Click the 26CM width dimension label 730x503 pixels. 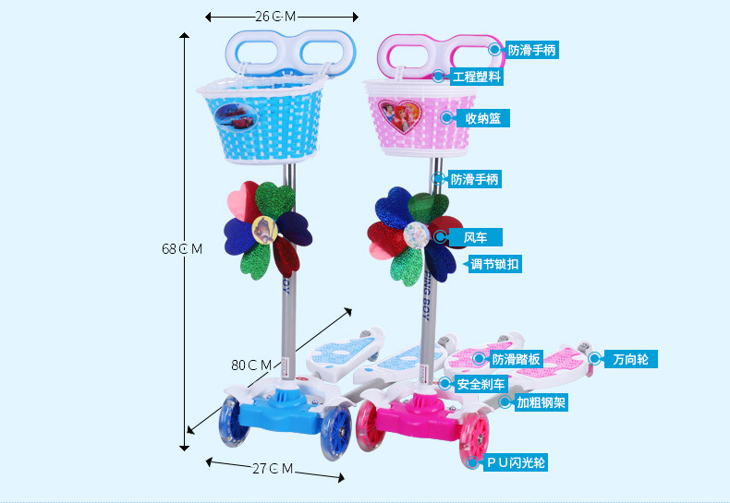point(275,17)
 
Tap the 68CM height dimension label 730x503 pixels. point(182,248)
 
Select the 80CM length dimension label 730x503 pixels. point(251,365)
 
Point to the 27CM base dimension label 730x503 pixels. point(273,469)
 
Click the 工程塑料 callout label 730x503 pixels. point(476,78)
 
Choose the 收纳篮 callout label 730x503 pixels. point(481,118)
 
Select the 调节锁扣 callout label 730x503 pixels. point(494,265)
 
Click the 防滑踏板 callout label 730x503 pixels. point(517,359)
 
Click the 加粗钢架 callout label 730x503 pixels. point(541,402)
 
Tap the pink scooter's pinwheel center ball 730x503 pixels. point(414,234)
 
